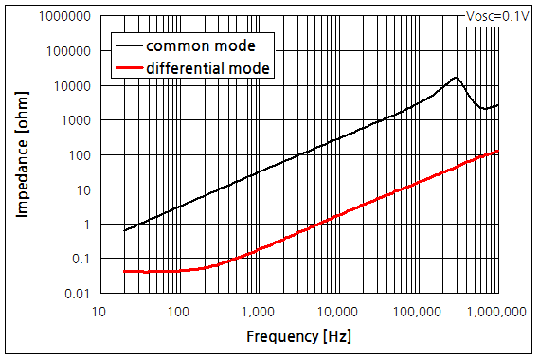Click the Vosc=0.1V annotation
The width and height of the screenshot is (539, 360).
coord(497,15)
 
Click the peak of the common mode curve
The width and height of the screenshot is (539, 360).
coord(457,78)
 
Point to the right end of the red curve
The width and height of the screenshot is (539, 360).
coord(497,152)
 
